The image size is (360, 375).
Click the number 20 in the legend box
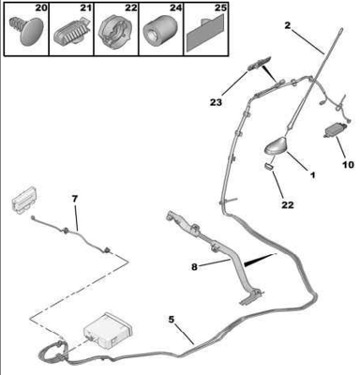40,7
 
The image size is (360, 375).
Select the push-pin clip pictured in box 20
26,31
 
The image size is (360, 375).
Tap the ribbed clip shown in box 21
72,33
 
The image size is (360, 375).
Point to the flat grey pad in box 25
205,34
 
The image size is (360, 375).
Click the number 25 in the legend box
220,7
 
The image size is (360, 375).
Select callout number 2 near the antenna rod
287,25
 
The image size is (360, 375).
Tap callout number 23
216,102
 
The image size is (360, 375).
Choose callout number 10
348,164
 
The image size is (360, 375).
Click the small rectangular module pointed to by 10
333,131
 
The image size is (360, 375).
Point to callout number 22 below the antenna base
288,205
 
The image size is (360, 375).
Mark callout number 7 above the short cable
75,199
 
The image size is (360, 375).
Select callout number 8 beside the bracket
194,267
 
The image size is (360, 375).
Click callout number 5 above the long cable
171,320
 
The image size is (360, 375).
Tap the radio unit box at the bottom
108,331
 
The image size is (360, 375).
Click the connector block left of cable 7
23,200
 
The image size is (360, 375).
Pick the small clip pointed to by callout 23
259,64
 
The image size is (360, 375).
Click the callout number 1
312,175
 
